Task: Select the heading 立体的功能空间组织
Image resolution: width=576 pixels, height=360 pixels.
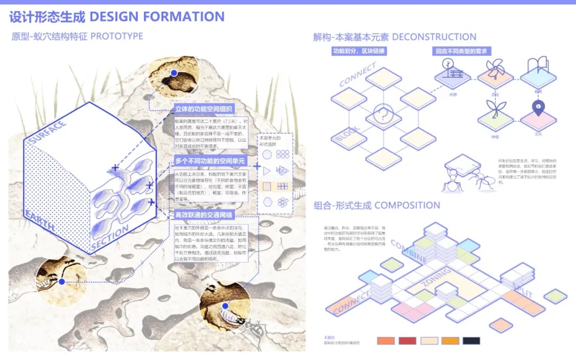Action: coord(205,109)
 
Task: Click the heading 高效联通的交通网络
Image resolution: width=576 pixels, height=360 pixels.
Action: coord(205,215)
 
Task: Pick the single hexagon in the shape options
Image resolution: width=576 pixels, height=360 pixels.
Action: coord(267,202)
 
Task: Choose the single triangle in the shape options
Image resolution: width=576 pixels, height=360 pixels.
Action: coord(267,170)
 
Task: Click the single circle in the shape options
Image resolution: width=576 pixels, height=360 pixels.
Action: coord(267,155)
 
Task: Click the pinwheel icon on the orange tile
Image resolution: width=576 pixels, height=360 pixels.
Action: coord(494,69)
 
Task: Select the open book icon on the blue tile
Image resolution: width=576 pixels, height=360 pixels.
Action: coord(538,67)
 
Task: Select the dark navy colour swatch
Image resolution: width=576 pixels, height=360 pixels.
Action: coord(471,341)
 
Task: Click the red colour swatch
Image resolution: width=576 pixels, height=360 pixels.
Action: coord(407,341)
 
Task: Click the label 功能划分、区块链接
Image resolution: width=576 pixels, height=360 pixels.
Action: coord(358,52)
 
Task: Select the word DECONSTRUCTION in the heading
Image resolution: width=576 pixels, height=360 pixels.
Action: coord(434,37)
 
